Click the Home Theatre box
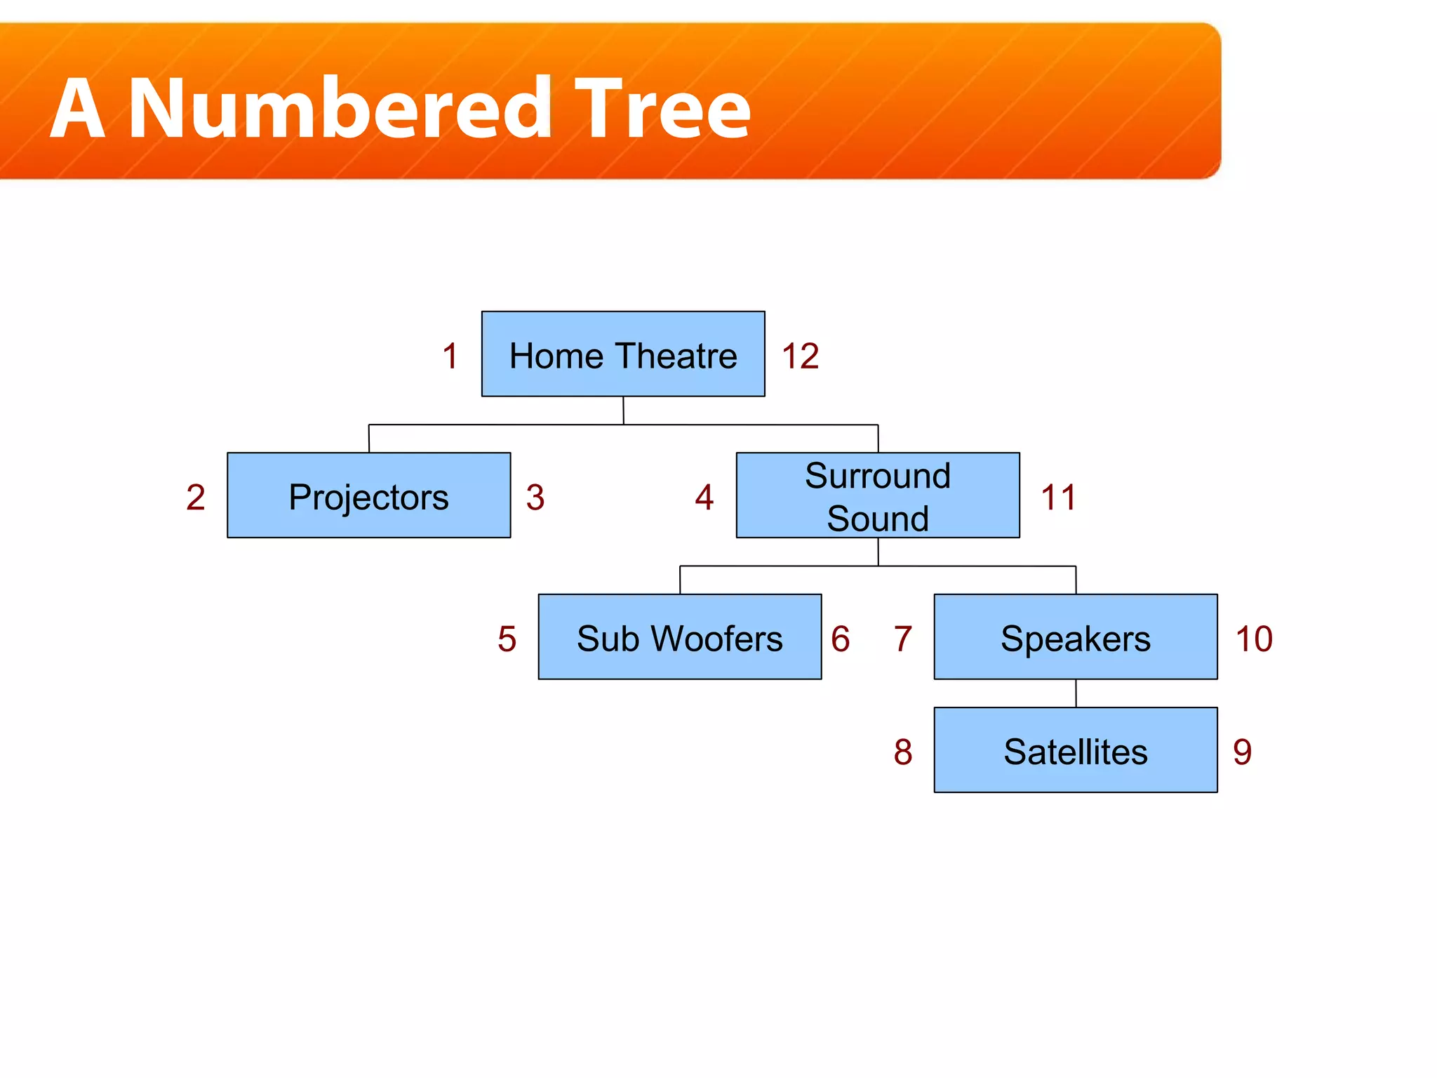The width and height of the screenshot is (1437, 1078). (623, 354)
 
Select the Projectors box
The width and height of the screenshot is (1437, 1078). (368, 495)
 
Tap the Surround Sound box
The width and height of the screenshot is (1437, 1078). (878, 495)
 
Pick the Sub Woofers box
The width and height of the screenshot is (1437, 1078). (679, 637)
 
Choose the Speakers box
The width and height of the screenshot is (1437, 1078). (1076, 637)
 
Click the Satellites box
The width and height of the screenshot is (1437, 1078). (1076, 750)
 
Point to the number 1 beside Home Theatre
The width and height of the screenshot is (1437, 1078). (450, 356)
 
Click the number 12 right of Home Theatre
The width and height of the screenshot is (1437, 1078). (800, 356)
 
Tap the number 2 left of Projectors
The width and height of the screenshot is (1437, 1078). (196, 498)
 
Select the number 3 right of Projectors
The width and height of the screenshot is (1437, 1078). (535, 498)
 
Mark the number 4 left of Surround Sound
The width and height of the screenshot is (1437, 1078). (704, 498)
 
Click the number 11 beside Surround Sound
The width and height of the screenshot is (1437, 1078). (1058, 498)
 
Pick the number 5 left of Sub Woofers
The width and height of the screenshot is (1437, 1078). (507, 639)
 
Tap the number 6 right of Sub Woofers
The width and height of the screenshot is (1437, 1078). (840, 639)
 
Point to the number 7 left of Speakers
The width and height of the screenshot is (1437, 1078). (903, 639)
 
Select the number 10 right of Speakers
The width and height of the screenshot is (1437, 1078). (1254, 639)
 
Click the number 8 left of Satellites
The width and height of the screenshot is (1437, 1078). (903, 752)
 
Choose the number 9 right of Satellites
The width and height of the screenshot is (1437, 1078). (1242, 752)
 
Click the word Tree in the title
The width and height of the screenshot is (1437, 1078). (662, 109)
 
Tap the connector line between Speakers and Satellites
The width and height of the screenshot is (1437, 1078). (1076, 693)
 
